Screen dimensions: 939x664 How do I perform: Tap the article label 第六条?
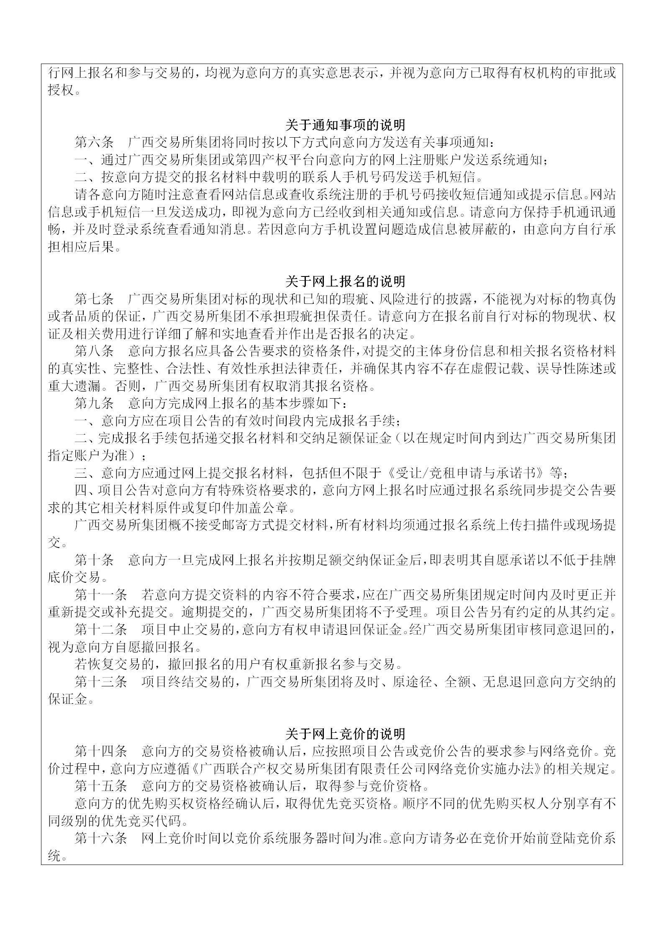coord(94,142)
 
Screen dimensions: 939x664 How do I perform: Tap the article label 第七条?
coord(94,299)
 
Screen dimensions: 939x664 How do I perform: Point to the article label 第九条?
coord(94,404)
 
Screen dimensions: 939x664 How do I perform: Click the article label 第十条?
coord(94,560)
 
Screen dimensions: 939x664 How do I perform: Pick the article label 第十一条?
coord(101,595)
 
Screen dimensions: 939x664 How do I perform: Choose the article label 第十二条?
coord(101,630)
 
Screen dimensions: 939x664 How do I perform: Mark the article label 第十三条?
coord(101,682)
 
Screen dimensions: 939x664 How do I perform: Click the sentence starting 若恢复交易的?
coord(234,665)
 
